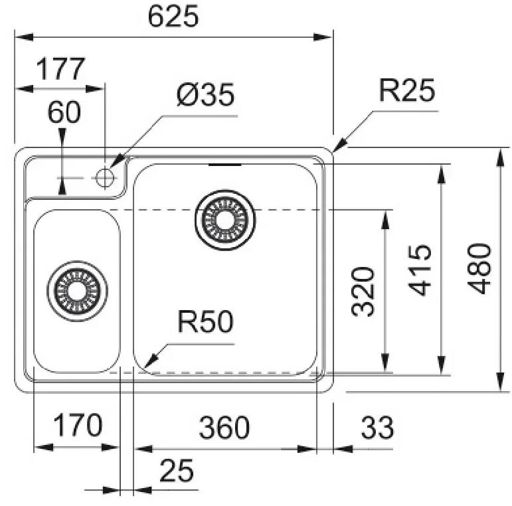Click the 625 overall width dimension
(173, 17)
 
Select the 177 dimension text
(60, 70)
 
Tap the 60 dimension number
(64, 112)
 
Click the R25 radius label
(406, 91)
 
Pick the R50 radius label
(205, 323)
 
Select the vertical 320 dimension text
(363, 291)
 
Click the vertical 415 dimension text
(420, 269)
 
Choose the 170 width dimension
(77, 426)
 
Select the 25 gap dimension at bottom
(177, 471)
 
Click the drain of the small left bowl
(77, 290)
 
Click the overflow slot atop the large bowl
(225, 163)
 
